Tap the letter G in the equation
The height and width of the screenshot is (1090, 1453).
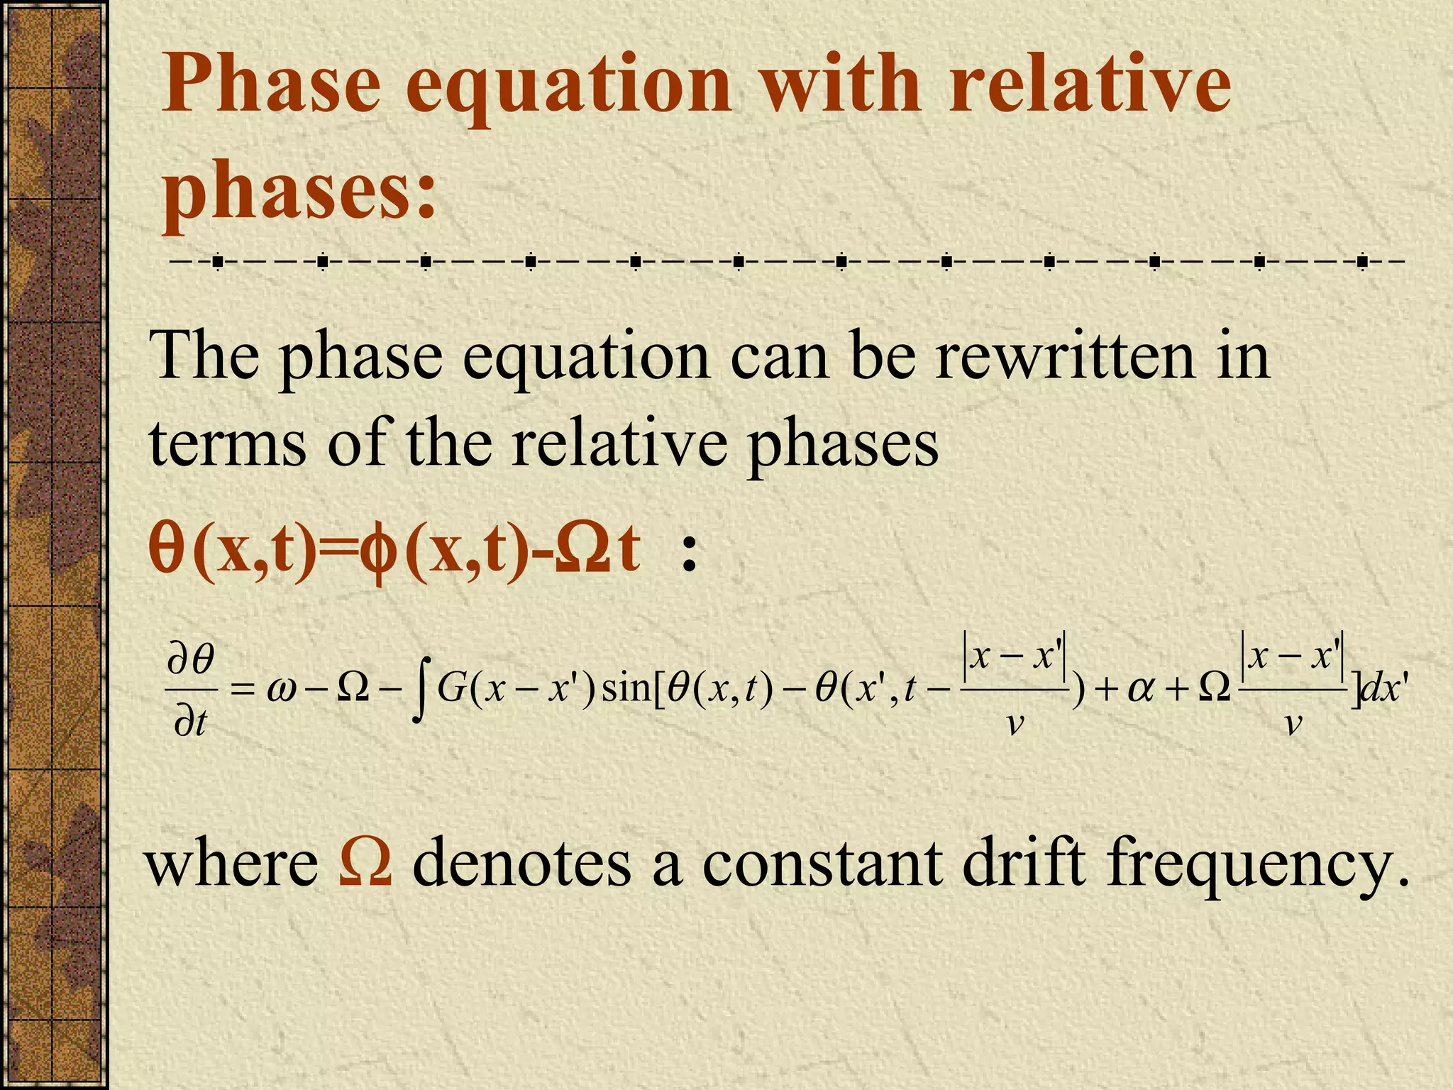pyautogui.click(x=451, y=688)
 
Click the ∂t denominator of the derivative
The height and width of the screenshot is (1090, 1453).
pyautogui.click(x=190, y=724)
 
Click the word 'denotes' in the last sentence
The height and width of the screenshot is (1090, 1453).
pyautogui.click(x=521, y=863)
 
